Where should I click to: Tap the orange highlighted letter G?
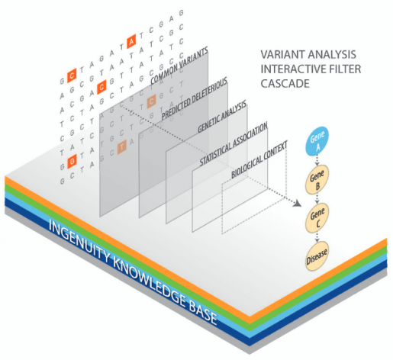click(x=71, y=160)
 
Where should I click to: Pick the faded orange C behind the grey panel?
click(x=151, y=100)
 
